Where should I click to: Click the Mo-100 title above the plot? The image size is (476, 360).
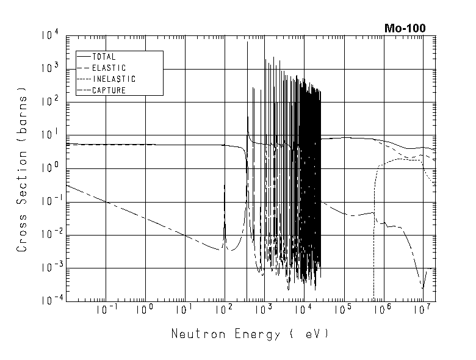point(405,27)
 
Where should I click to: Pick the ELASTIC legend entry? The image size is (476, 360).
point(109,68)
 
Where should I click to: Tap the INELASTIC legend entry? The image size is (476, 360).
point(114,79)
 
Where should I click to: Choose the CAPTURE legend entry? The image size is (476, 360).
point(109,90)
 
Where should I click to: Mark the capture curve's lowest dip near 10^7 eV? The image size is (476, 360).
point(422,288)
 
